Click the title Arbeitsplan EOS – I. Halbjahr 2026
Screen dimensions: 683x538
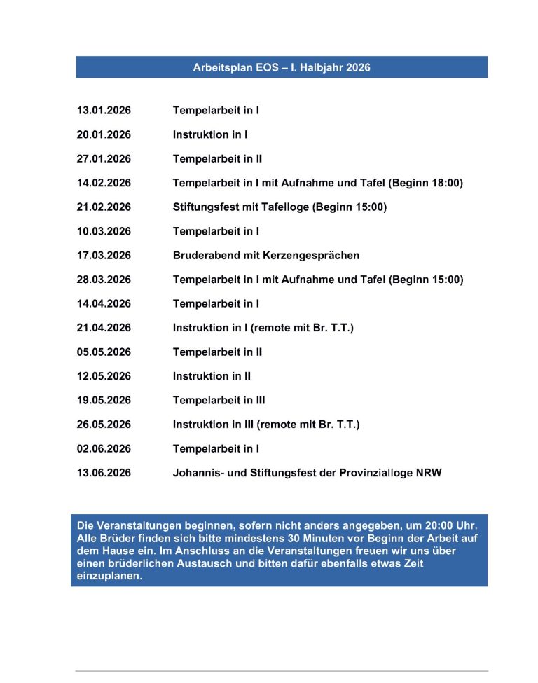point(282,68)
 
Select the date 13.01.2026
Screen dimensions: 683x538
point(104,111)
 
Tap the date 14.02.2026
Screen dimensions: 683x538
point(104,184)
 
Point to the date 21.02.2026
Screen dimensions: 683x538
point(104,207)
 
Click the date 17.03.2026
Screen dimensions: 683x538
point(104,256)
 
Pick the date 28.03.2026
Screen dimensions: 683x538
point(104,280)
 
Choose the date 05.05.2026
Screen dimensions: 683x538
point(104,352)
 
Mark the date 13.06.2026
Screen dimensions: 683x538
point(104,473)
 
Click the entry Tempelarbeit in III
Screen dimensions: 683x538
point(219,401)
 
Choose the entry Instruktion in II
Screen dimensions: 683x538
point(212,376)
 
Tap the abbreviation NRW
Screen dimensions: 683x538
point(429,473)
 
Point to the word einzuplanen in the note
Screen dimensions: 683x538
point(106,577)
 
